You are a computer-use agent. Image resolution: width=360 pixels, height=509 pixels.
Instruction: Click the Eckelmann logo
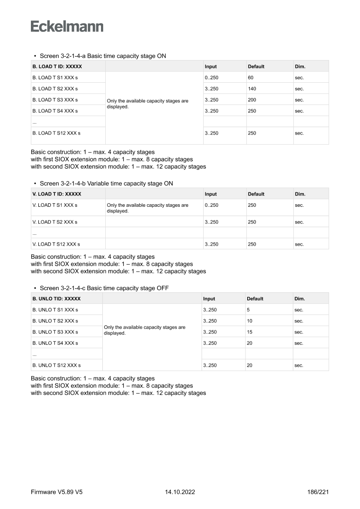pyautogui.click(x=67, y=27)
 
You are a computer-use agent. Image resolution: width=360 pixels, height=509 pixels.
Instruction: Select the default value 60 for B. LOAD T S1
pyautogui.click(x=251, y=78)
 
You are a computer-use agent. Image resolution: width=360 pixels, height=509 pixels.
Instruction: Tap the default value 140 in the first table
pyautogui.click(x=252, y=89)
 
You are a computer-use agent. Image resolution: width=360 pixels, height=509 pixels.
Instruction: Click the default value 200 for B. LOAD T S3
pyautogui.click(x=252, y=100)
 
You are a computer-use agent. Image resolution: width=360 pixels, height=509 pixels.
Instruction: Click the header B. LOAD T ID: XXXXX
pyautogui.click(x=57, y=67)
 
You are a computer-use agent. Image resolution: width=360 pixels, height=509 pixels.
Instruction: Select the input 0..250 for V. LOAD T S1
pyautogui.click(x=212, y=205)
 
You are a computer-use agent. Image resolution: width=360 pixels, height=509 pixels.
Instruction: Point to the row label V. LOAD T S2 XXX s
pyautogui.click(x=55, y=222)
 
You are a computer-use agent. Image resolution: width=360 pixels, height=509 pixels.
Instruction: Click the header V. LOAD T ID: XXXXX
pyautogui.click(x=57, y=194)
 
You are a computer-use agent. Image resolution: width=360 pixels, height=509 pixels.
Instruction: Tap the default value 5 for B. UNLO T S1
pyautogui.click(x=248, y=310)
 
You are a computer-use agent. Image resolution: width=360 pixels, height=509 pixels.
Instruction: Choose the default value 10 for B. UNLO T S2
pyautogui.click(x=249, y=321)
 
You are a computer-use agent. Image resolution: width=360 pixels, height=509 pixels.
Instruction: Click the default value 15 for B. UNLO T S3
pyautogui.click(x=249, y=332)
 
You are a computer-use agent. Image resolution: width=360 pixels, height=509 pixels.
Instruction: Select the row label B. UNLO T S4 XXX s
pyautogui.click(x=55, y=343)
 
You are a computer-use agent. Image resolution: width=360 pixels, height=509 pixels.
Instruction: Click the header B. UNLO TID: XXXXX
pyautogui.click(x=57, y=299)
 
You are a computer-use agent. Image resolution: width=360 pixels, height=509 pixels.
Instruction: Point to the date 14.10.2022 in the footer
pyautogui.click(x=180, y=492)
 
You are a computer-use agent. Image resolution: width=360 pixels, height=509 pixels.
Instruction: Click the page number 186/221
pyautogui.click(x=318, y=492)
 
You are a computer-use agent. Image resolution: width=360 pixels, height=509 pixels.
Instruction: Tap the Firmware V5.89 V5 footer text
pyautogui.click(x=57, y=492)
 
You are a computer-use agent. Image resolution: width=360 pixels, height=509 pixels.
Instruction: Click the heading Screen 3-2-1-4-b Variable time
pyautogui.click(x=106, y=183)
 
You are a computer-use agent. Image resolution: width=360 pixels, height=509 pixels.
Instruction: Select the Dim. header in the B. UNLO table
pyautogui.click(x=299, y=299)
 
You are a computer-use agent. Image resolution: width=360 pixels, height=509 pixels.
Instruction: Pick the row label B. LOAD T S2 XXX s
pyautogui.click(x=55, y=89)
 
